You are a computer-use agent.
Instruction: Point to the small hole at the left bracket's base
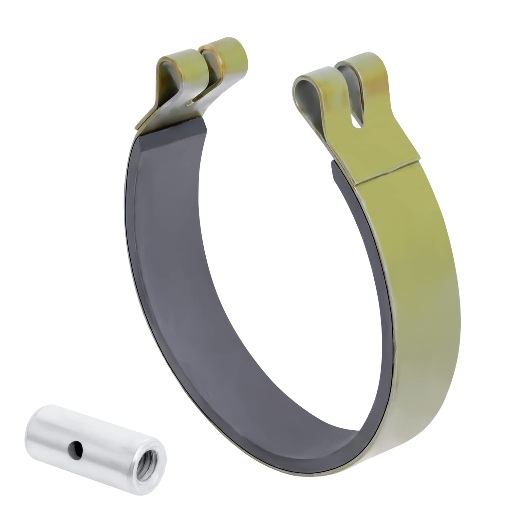click(x=189, y=104)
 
